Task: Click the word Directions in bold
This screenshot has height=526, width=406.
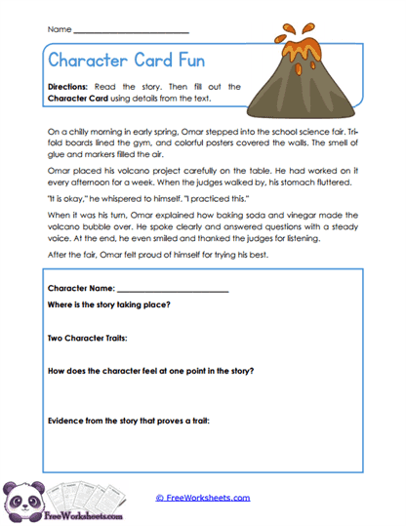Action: tap(69, 87)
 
